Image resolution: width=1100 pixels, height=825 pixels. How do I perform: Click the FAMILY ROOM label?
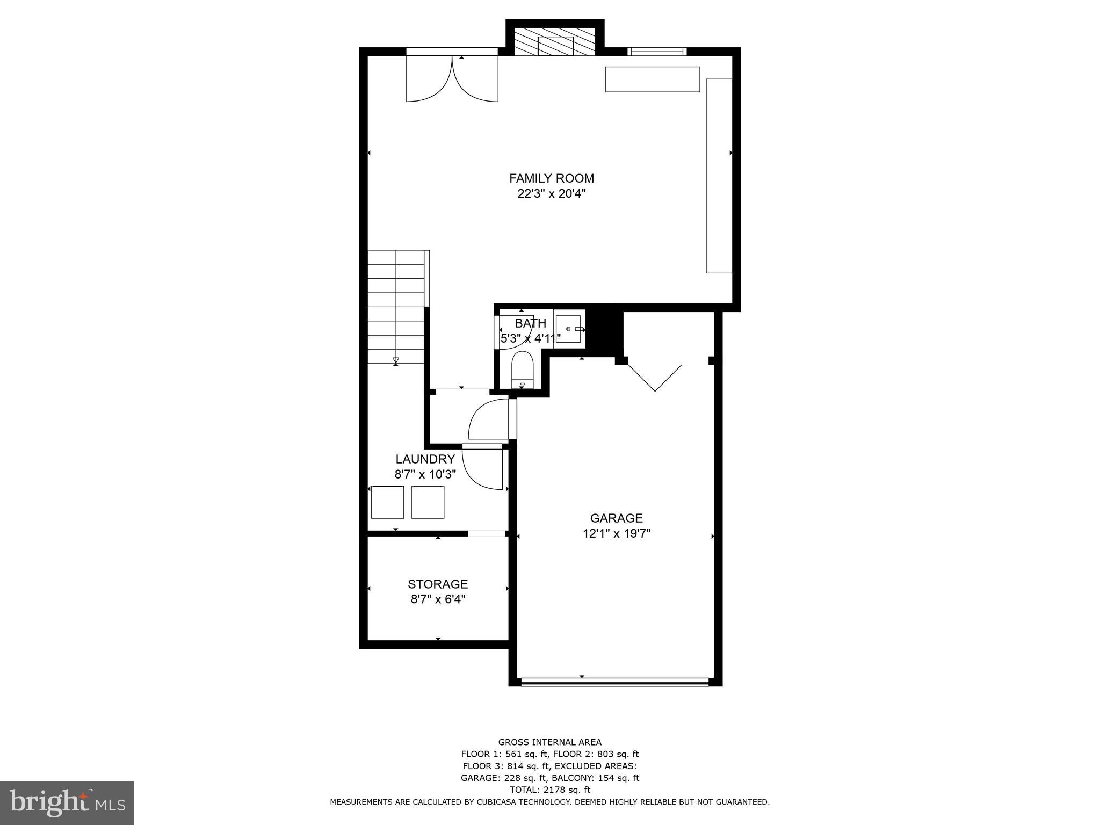tap(551, 178)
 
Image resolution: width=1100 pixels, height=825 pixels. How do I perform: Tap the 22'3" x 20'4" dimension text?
tap(551, 194)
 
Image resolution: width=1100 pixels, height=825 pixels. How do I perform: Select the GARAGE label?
tap(616, 518)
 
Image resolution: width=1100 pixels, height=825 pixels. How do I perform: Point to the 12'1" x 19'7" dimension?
tap(616, 534)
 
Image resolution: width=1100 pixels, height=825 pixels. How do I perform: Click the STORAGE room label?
tap(438, 584)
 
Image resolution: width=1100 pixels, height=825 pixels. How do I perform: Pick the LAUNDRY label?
tap(425, 459)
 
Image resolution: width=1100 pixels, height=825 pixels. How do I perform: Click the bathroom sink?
tap(568, 329)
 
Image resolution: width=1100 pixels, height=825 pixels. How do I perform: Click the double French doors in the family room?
tap(452, 79)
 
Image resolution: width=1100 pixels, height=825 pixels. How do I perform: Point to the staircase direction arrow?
tap(396, 360)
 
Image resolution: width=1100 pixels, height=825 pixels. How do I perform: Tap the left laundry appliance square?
tap(387, 502)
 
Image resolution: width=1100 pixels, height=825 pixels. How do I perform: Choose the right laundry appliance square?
tap(428, 502)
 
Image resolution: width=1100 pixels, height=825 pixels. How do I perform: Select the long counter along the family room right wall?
tap(719, 176)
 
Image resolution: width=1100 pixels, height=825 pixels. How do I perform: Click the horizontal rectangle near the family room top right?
tap(652, 79)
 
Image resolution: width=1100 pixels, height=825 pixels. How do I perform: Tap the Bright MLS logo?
tap(67, 802)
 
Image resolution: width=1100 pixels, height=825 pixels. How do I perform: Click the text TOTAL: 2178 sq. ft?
tap(549, 790)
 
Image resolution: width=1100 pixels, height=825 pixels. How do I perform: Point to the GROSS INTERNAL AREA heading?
tap(549, 742)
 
